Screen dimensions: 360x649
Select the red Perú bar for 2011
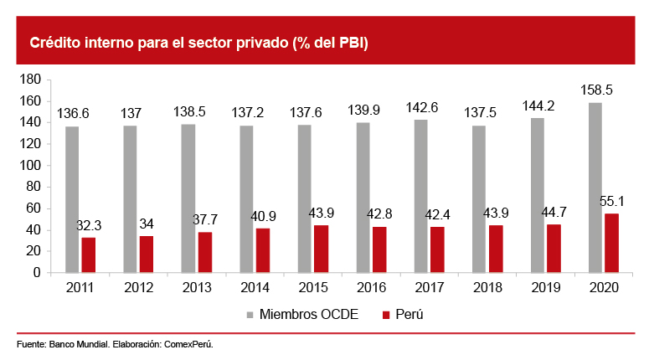click(88, 255)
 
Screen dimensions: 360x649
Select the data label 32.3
click(88, 225)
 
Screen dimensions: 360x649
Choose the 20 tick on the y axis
click(33, 251)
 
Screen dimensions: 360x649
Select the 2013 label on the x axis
click(197, 287)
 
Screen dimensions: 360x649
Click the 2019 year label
click(545, 287)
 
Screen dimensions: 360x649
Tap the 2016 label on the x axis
click(371, 287)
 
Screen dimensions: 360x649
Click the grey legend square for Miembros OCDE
click(250, 316)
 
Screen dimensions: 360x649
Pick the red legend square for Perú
click(386, 316)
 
